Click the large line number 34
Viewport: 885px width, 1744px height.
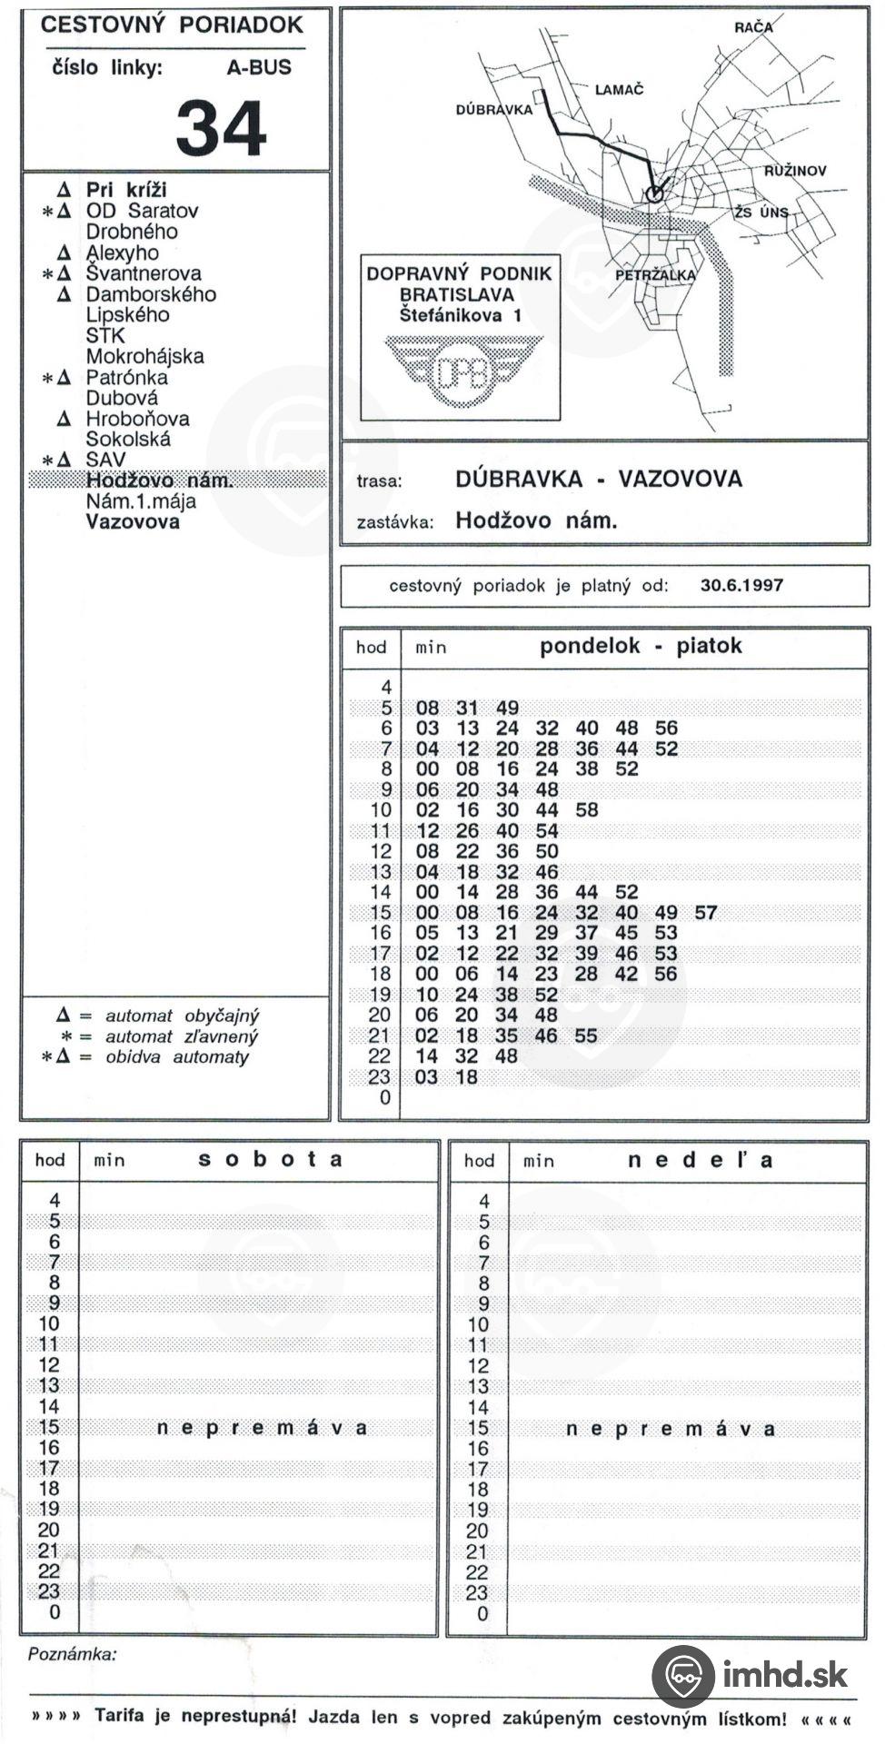[221, 128]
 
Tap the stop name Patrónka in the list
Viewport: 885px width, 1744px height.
[126, 377]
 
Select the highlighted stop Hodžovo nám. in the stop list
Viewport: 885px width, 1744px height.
[159, 481]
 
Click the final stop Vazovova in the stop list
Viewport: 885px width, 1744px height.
[133, 522]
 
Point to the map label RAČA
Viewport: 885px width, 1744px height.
[753, 27]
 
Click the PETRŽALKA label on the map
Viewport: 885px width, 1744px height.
[655, 275]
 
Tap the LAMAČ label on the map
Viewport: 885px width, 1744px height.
[619, 90]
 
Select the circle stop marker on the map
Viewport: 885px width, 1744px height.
[653, 193]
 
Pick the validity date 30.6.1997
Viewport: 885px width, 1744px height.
[741, 586]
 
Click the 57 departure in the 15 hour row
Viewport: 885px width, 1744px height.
[706, 913]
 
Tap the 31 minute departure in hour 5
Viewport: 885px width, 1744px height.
[467, 708]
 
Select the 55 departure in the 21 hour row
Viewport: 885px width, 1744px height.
[586, 1035]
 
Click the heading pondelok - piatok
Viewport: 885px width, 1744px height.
[641, 647]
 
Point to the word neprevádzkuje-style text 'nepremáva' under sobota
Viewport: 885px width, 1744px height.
[262, 1428]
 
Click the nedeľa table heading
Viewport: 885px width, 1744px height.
[701, 1161]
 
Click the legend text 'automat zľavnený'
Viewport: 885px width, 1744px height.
[182, 1036]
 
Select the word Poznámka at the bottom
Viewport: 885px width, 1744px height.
[73, 1654]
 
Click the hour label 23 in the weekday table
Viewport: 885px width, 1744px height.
[379, 1077]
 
